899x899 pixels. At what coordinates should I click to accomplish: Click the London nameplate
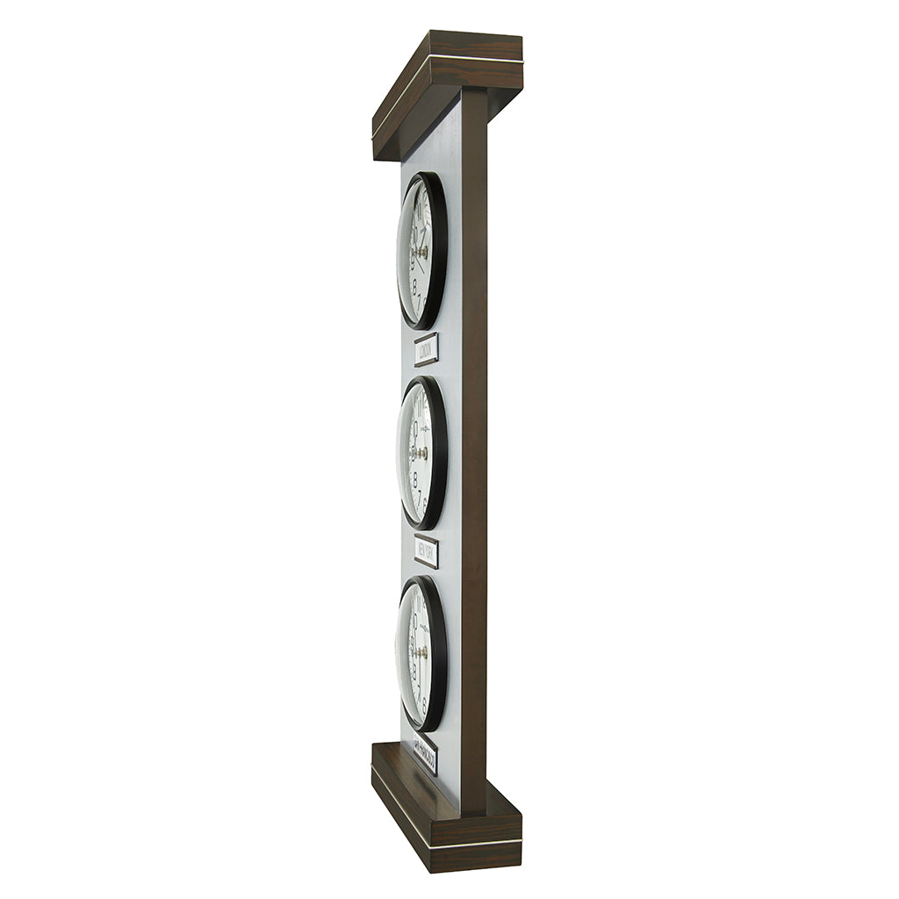(426, 349)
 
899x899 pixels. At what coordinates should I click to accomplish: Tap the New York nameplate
(426, 551)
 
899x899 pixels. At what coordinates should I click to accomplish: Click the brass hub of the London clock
(422, 252)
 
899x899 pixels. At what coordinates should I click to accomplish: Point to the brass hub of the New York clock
(422, 453)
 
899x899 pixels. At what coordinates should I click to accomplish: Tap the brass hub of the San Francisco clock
(422, 653)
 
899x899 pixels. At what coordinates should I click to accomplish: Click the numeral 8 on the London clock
(414, 286)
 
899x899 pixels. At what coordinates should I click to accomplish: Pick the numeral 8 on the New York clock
(414, 481)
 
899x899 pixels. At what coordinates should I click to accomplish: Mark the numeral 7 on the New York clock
(419, 496)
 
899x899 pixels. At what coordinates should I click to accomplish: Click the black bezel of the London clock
(438, 250)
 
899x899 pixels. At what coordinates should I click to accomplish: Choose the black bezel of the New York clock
(438, 453)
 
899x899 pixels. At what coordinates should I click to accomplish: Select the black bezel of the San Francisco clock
(438, 653)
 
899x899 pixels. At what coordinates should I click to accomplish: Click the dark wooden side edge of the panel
(474, 439)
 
